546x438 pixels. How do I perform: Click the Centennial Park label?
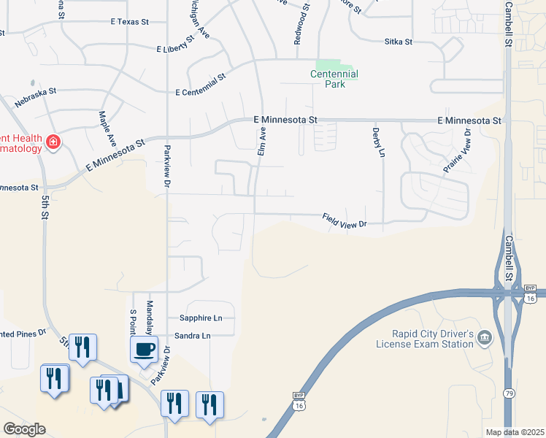334,79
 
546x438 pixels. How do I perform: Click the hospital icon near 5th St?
53,142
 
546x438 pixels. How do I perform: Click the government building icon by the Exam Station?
485,337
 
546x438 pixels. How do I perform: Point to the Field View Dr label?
344,221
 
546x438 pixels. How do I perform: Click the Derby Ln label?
377,142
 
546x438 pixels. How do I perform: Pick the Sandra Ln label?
192,336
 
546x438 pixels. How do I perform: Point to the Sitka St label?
399,42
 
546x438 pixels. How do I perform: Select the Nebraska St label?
35,99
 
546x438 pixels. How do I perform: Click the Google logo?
24,429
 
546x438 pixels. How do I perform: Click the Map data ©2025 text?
515,432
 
